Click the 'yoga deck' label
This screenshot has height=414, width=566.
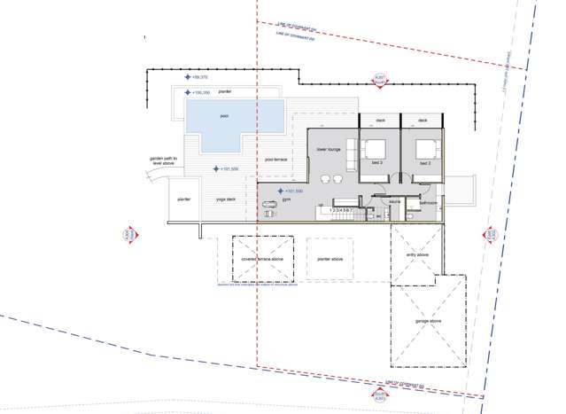pos(226,199)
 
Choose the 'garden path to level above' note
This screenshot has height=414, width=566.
pos(165,161)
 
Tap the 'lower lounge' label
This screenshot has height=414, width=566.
pos(330,150)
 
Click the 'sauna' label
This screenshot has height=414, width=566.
pos(394,202)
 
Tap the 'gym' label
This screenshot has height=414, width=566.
pos(287,201)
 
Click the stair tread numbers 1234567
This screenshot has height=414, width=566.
pos(342,210)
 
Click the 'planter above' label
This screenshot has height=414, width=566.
pos(330,260)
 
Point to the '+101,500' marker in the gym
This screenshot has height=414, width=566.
pos(293,191)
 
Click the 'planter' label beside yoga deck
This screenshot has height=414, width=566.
pos(184,199)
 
